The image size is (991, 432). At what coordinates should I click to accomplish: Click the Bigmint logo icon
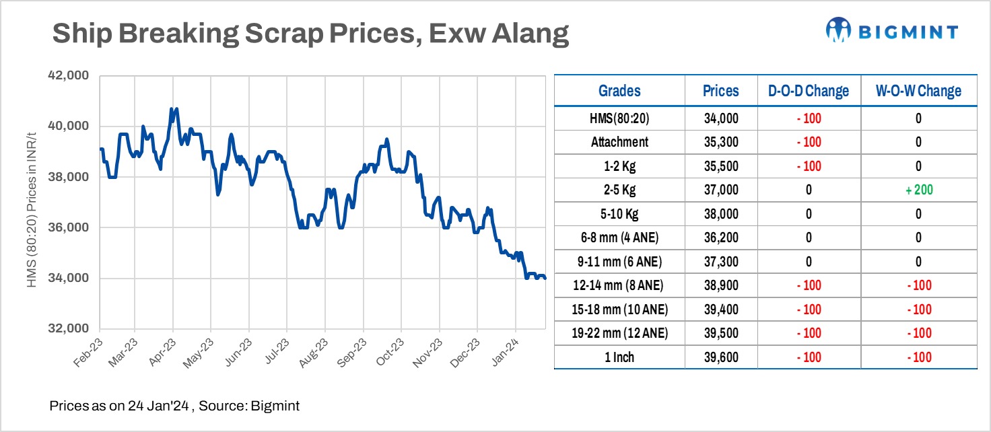click(x=840, y=30)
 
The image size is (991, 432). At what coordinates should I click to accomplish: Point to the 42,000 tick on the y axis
click(x=70, y=75)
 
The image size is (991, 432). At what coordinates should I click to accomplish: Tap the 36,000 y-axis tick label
click(x=70, y=227)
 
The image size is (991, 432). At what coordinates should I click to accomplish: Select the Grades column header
click(x=619, y=91)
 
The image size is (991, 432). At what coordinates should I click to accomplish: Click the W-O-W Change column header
click(x=918, y=91)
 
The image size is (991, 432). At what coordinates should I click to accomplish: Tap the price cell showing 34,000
click(x=720, y=119)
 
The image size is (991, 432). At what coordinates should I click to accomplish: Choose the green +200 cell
click(x=918, y=190)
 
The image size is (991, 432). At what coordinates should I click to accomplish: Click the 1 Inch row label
click(x=619, y=357)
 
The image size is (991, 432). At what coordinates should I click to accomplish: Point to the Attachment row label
click(x=619, y=143)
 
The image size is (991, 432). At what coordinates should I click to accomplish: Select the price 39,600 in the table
click(x=720, y=357)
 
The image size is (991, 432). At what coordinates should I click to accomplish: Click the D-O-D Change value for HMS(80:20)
click(x=808, y=119)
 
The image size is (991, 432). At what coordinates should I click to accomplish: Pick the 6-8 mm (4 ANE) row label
click(x=619, y=238)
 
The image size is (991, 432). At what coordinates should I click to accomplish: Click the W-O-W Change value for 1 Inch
click(x=918, y=357)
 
